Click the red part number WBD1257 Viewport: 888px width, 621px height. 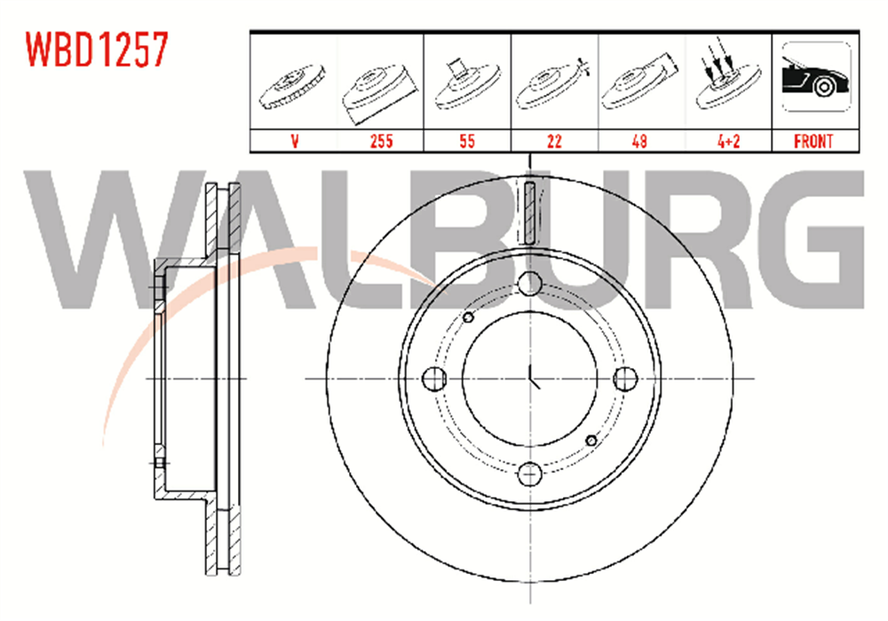(97, 49)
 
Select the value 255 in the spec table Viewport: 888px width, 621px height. (382, 141)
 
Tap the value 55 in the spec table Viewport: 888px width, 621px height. (467, 141)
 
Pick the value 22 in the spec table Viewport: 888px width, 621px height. (554, 141)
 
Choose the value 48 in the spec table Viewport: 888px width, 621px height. (639, 141)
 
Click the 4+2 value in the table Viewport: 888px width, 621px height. (729, 141)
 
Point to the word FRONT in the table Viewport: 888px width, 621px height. (813, 141)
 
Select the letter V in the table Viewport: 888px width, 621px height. (295, 141)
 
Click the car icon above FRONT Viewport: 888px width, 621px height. (816, 77)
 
